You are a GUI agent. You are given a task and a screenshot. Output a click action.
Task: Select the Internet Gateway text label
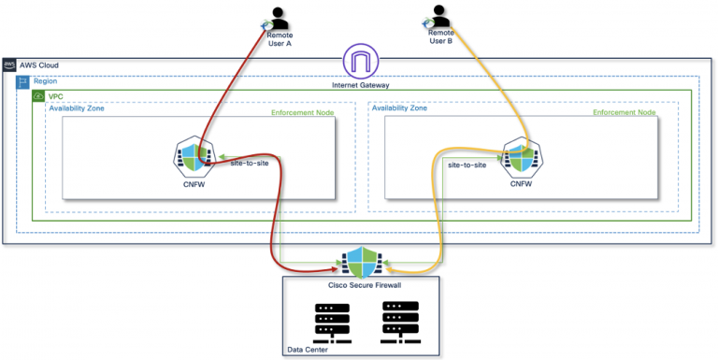pos(360,85)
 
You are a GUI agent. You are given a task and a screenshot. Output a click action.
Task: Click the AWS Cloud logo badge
pos(10,66)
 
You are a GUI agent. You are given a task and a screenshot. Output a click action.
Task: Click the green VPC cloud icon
pos(38,96)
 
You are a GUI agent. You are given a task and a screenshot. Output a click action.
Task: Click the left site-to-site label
pos(251,164)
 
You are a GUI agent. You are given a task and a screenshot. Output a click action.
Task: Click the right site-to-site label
pos(467,165)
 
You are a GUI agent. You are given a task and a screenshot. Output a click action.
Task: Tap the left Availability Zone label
pos(78,108)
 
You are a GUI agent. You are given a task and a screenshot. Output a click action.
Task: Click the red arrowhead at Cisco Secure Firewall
pos(337,266)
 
